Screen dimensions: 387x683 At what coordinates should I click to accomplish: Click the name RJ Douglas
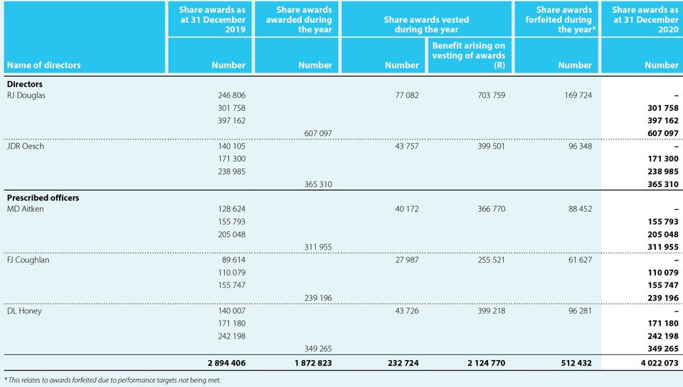click(x=26, y=95)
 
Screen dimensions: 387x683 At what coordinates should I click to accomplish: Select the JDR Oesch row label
click(x=26, y=147)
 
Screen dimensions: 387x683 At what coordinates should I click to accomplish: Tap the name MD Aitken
click(x=26, y=209)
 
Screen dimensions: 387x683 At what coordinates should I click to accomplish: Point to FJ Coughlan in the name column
click(x=28, y=260)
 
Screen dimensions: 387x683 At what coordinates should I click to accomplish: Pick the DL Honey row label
click(x=24, y=311)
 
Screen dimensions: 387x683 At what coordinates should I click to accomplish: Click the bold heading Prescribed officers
click(x=43, y=197)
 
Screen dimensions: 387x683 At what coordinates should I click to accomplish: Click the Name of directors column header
click(x=44, y=65)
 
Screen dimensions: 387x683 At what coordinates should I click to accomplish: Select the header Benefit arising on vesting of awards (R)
click(x=469, y=55)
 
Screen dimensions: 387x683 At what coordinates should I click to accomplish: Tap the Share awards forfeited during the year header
click(x=564, y=20)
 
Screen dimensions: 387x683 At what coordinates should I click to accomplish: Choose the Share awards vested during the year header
click(x=427, y=25)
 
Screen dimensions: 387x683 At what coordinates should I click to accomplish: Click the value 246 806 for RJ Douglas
click(x=231, y=95)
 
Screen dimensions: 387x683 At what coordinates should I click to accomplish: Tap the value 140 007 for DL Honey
click(x=231, y=311)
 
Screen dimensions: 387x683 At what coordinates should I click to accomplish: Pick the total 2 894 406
click(x=226, y=363)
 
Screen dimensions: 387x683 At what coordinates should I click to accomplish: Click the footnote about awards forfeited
click(x=113, y=380)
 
